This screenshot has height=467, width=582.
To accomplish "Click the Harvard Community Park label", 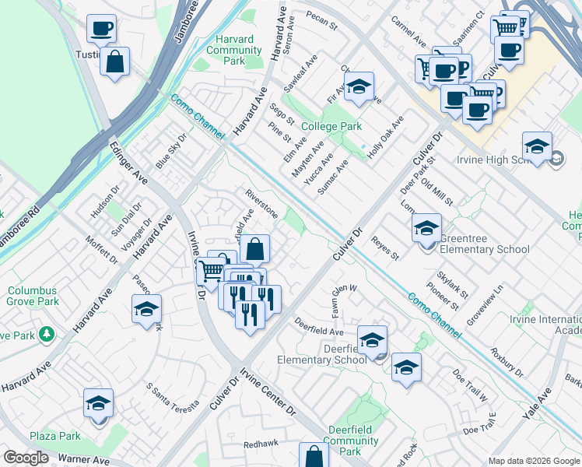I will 229,50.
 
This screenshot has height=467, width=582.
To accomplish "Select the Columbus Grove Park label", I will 33,296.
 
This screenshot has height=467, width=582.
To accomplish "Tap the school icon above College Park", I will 359,88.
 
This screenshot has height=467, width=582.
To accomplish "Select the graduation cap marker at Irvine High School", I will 537,146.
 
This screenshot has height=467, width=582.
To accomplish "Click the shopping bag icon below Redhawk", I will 313,456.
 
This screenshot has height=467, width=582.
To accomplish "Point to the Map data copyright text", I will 534,461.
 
